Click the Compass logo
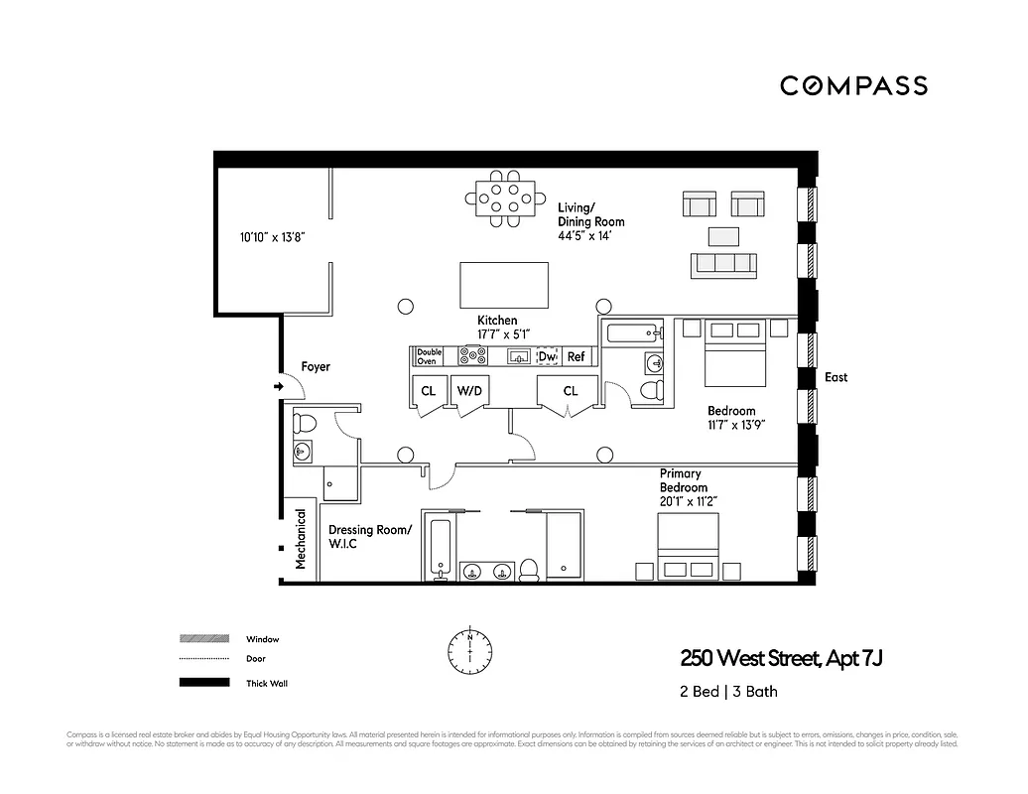[853, 85]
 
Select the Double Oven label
[429, 356]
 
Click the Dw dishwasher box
[547, 356]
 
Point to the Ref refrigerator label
[577, 356]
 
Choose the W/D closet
[468, 391]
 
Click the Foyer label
[316, 367]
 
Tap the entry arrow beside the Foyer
[277, 386]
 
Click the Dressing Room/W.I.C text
[369, 537]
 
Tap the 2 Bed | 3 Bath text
[726, 693]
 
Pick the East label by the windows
[836, 377]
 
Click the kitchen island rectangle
[503, 286]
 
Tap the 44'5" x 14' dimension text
[589, 237]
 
